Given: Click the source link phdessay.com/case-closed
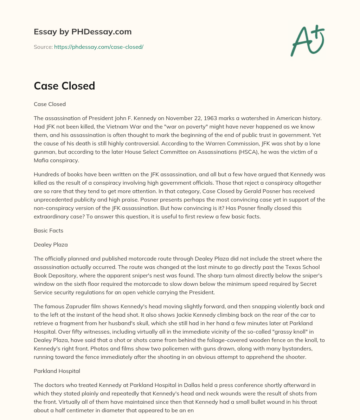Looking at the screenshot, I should [98, 47].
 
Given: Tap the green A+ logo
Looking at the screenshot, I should [307, 40].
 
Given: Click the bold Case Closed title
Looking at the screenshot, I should [64, 86].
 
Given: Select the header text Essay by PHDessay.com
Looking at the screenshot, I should [83, 32].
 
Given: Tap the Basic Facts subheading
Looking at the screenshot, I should [48, 230].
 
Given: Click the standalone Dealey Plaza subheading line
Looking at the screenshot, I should [51, 244].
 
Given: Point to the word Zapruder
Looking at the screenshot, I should [79, 306].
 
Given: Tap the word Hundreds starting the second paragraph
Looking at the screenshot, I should [47, 174].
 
